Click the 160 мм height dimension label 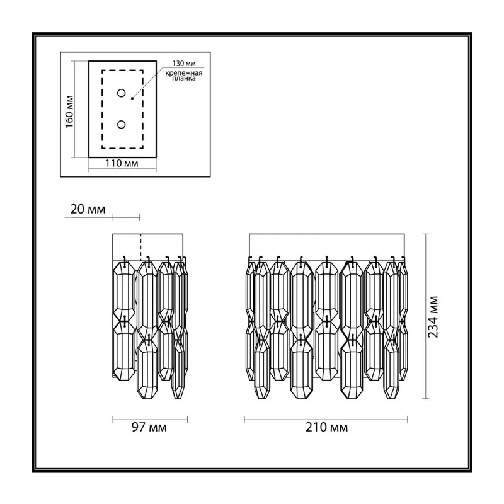tap(69, 112)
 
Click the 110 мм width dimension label tap(122, 164)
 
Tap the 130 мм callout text tap(184, 64)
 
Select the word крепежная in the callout tap(184, 73)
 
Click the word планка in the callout tap(183, 78)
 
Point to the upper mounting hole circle tap(121, 93)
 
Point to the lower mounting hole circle tap(121, 124)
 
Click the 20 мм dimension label tap(88, 209)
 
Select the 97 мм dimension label tap(149, 428)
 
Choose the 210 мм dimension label tap(326, 428)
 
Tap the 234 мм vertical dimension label tap(433, 317)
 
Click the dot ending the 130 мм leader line tap(132, 98)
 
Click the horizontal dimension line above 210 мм tap(326, 420)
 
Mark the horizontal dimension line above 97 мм tap(150, 420)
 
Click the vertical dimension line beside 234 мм tap(426, 316)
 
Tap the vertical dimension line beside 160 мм tap(75, 109)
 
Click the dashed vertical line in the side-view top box tap(140, 247)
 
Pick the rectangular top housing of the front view tap(327, 247)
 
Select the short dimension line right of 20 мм tap(127, 217)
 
